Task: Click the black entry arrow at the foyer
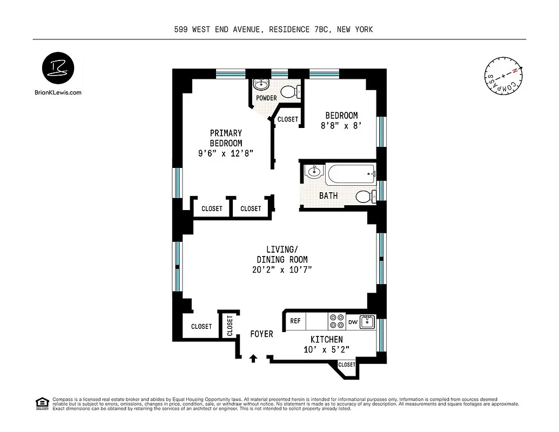tap(253, 358)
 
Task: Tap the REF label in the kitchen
tap(295, 321)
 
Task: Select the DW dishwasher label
tap(353, 322)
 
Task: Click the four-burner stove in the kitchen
tap(337, 322)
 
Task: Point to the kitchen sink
tap(368, 322)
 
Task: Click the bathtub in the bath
tap(351, 174)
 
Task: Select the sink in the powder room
tap(261, 85)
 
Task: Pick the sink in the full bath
tap(312, 172)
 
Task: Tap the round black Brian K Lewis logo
tap(58, 69)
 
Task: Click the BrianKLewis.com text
tap(58, 92)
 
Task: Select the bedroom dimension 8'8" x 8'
tap(341, 126)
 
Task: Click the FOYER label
tap(261, 334)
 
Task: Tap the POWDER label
tap(267, 98)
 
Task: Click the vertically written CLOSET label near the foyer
tap(230, 326)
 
